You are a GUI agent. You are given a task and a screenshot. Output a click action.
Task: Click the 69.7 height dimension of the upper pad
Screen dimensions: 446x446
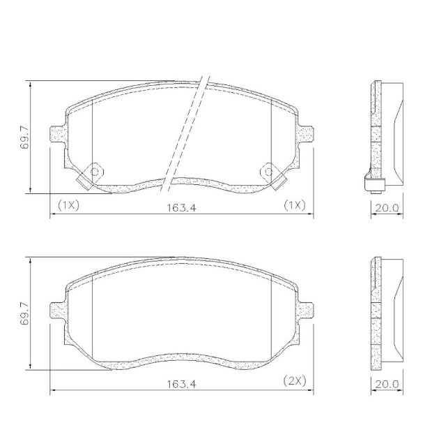coord(24,137)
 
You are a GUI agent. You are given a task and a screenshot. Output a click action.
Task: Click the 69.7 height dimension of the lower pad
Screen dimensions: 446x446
coord(24,313)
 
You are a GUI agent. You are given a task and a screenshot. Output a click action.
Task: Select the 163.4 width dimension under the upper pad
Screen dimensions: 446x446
coord(181,207)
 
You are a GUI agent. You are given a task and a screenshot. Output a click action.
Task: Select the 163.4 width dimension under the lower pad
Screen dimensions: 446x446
coord(181,384)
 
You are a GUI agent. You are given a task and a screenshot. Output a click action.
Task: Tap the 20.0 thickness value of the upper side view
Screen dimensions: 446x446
coord(387,208)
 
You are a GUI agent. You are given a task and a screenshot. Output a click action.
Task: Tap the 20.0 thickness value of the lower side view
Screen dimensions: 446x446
coord(387,384)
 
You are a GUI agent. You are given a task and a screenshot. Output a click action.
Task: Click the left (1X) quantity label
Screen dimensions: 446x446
coord(68,205)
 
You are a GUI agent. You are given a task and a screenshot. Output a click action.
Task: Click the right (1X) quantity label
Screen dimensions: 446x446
coord(295,205)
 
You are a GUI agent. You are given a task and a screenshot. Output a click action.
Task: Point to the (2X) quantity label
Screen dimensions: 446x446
coord(295,381)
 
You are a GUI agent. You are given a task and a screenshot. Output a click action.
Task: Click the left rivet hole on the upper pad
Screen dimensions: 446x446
coord(95,172)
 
